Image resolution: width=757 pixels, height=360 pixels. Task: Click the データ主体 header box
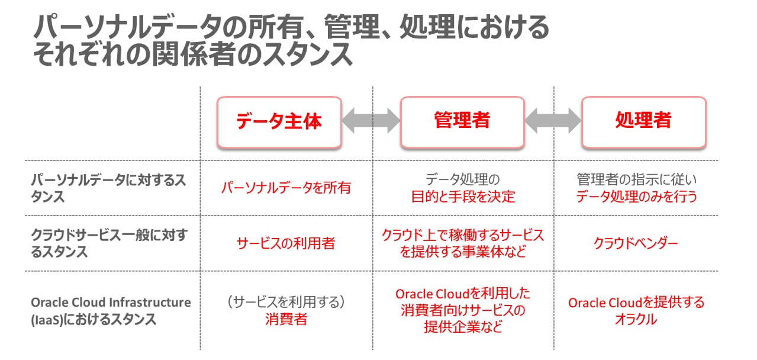279,121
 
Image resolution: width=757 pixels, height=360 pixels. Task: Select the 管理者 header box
462,121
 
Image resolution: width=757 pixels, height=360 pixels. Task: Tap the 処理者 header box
643,121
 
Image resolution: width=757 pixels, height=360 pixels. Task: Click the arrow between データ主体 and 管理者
371,121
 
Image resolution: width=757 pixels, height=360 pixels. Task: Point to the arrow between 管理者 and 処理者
553,121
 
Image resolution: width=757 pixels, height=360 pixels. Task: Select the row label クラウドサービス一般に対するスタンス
108,243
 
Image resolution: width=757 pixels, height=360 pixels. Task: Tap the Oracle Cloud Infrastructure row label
111,311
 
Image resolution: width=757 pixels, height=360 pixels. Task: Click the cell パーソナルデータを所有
286,188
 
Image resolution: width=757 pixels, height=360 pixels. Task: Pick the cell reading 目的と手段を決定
463,197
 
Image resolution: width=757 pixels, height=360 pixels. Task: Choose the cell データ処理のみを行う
637,197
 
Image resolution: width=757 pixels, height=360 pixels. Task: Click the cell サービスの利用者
286,243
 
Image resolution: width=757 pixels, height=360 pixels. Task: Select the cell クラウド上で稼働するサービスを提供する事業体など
463,243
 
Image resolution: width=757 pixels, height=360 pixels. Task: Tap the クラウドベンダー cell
636,243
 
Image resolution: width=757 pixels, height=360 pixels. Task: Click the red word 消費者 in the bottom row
286,320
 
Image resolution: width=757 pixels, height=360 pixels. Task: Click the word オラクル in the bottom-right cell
636,320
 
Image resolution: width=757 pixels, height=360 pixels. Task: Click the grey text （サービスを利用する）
286,302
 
